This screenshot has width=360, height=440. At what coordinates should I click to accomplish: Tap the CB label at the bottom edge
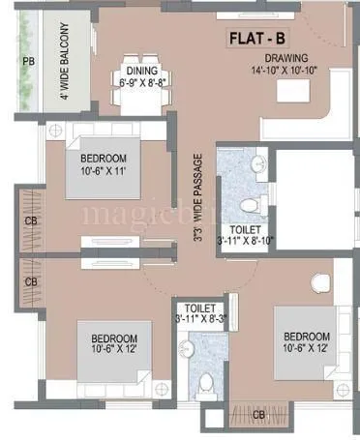(258, 415)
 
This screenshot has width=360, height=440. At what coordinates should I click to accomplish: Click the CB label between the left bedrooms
(31, 281)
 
